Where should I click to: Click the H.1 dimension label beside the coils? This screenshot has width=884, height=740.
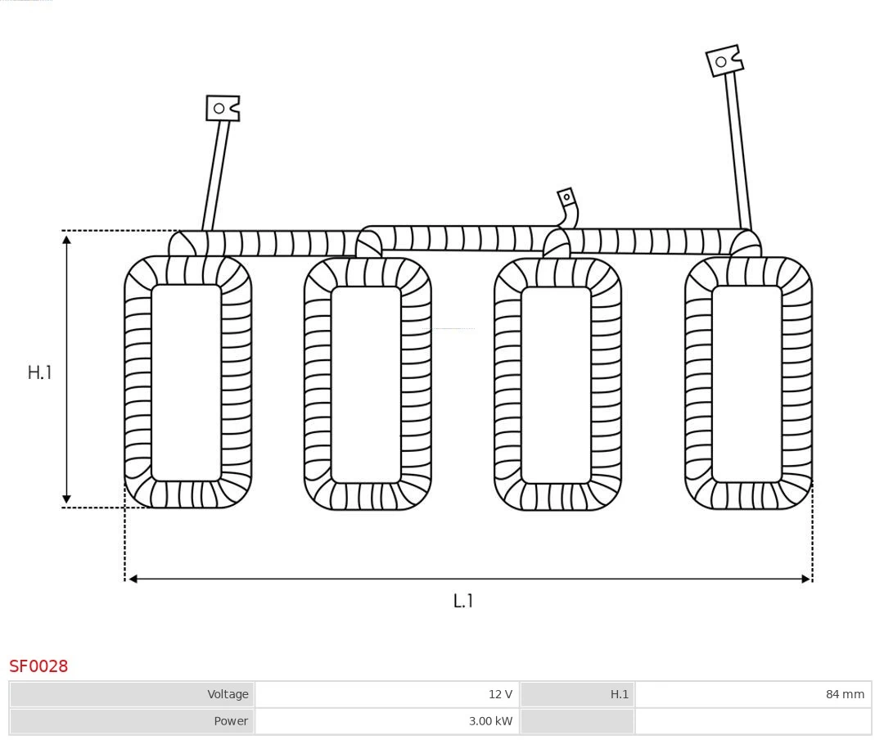point(39,372)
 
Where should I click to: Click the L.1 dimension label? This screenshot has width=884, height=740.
point(462,601)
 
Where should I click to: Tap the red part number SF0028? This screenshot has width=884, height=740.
point(38,666)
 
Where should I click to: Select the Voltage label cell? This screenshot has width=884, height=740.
point(132,694)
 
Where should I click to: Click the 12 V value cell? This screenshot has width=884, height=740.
point(386,694)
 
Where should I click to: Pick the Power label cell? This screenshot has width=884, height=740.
point(132,721)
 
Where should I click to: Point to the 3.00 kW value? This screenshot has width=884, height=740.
point(490,721)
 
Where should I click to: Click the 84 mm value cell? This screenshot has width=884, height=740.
point(753,694)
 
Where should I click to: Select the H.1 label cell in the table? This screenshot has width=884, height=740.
point(577,694)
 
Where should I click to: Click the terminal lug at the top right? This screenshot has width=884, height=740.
point(724,61)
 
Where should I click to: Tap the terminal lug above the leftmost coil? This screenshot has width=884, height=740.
point(223,108)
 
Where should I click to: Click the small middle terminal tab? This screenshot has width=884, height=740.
point(566,198)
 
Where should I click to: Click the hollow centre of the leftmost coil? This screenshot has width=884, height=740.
point(186,383)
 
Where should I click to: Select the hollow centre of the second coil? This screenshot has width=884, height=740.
point(366,385)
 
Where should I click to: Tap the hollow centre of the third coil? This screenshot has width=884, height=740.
point(556,385)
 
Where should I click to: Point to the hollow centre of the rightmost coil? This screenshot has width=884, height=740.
point(746,384)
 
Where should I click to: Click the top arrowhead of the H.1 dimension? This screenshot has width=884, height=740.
point(66,241)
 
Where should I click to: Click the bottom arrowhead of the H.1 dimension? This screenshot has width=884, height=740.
point(66,499)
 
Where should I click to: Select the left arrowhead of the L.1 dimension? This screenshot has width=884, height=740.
point(133,579)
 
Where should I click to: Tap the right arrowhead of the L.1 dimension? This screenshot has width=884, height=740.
point(806,579)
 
